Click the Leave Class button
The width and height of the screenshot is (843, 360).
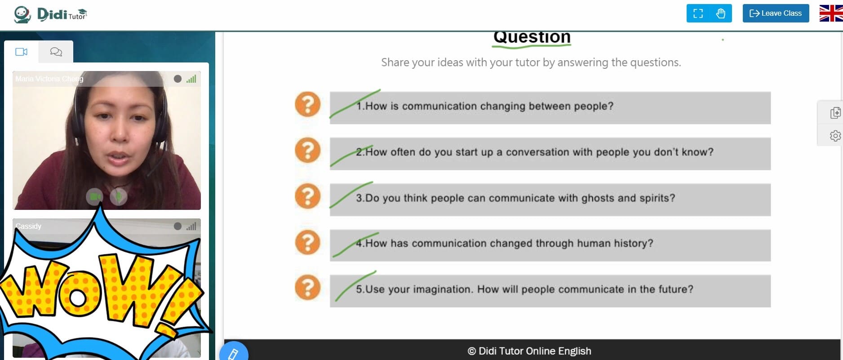[x=776, y=13]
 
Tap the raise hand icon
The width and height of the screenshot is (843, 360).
[x=721, y=13]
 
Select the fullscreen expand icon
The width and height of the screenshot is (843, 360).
[x=698, y=13]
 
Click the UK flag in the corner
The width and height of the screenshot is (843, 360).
[x=831, y=13]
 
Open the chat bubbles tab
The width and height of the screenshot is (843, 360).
[x=56, y=52]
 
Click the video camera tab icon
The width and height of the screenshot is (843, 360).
[x=21, y=52]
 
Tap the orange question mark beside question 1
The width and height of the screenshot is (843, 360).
[x=308, y=104]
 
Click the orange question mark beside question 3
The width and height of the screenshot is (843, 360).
[x=308, y=196]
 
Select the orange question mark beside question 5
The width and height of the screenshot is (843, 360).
[x=308, y=288]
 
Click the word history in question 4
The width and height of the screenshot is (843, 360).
[x=633, y=243]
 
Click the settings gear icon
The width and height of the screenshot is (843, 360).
[x=835, y=136]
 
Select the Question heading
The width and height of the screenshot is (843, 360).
[x=532, y=37]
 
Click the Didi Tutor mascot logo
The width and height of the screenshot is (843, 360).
[x=22, y=14]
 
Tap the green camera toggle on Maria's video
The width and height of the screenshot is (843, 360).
[x=94, y=196]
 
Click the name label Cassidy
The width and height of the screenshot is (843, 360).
[x=28, y=226]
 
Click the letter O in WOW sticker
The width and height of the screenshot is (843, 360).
[x=77, y=297]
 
